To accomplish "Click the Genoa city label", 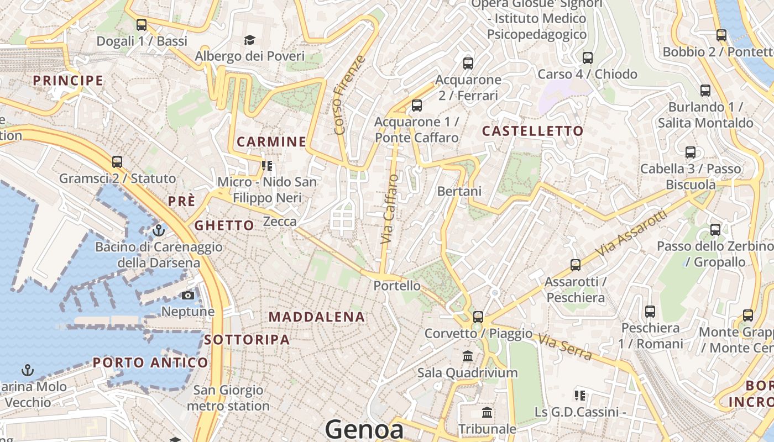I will point(364,429).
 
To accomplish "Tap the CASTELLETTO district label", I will point(532,131).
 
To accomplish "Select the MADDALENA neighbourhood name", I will point(317,317).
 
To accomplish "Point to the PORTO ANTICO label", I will point(150,363).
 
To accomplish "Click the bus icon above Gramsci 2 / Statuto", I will point(117,162).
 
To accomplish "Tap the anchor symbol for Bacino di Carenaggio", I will point(159,230).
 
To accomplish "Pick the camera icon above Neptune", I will point(188,295).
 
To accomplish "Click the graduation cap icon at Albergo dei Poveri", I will point(250,40).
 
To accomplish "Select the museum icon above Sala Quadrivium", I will point(468,356).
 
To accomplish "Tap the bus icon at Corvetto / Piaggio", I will point(478,317).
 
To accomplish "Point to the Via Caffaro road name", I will point(389,209).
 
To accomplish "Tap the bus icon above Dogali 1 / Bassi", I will point(142,25).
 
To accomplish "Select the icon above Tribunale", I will point(487,412).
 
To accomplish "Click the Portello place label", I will point(397,286).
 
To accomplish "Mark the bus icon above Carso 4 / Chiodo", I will point(588,57).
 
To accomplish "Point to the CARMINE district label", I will point(271,142).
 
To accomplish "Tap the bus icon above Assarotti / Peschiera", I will point(576,265).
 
